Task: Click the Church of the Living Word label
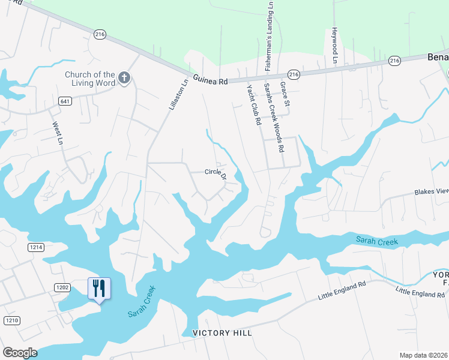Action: click(90, 79)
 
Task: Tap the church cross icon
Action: click(124, 77)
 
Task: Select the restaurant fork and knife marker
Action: click(99, 289)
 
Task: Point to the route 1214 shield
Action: click(36, 247)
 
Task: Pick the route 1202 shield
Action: click(62, 287)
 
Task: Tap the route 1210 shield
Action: click(12, 320)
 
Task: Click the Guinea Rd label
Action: click(211, 80)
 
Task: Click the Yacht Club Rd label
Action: click(254, 104)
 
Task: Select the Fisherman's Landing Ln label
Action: click(270, 36)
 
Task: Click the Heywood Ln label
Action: click(335, 44)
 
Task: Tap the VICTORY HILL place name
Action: click(222, 333)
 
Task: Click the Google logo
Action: click(20, 353)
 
